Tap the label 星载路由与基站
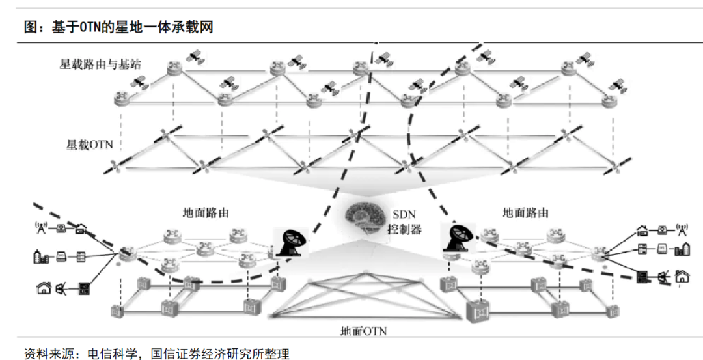[100, 64]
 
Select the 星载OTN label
[89, 144]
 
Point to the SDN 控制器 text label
[406, 222]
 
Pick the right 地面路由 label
[525, 213]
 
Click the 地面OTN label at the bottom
[364, 331]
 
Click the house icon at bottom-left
[44, 287]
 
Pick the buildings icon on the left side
[40, 256]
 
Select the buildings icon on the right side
[682, 249]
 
